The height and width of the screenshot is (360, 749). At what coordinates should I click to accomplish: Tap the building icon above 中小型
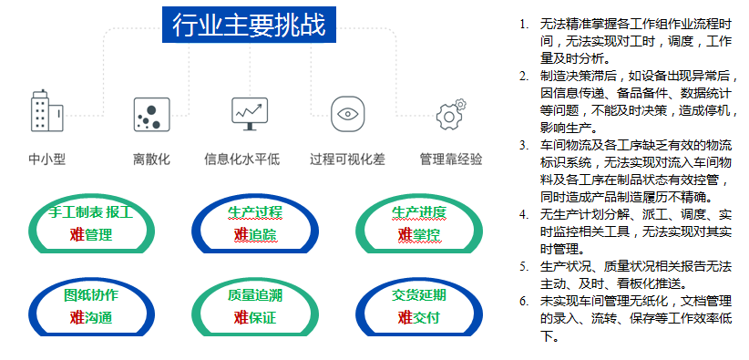pyautogui.click(x=46, y=112)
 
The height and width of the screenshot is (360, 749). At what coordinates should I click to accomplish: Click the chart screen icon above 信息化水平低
pyautogui.click(x=249, y=113)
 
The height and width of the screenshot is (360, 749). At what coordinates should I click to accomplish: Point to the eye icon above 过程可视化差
pyautogui.click(x=346, y=114)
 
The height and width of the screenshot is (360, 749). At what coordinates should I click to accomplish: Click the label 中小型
pyautogui.click(x=46, y=159)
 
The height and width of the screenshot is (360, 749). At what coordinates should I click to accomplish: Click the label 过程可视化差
pyautogui.click(x=346, y=159)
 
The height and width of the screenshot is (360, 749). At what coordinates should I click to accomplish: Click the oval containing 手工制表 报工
pyautogui.click(x=90, y=224)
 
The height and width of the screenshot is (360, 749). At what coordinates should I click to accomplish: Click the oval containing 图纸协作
pyautogui.click(x=90, y=307)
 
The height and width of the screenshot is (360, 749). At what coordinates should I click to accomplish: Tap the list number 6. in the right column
pyautogui.click(x=523, y=300)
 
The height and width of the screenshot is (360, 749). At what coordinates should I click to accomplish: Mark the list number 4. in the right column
pyautogui.click(x=523, y=214)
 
